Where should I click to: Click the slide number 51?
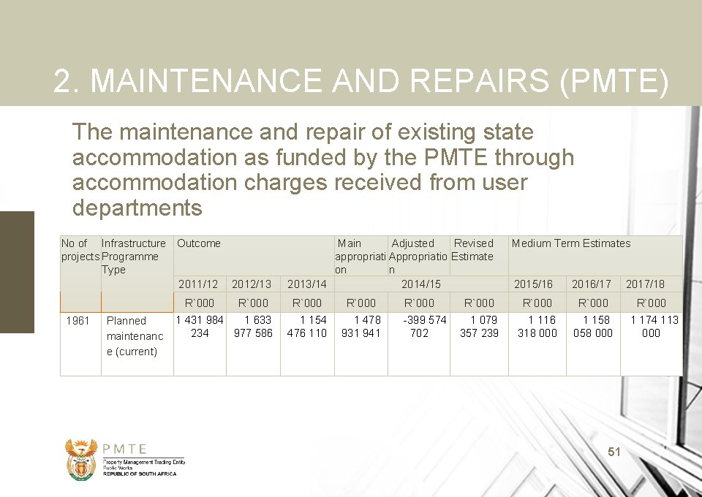point(614,452)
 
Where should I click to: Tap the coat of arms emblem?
point(81,459)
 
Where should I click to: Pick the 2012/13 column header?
point(252,284)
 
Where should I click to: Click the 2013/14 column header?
point(307,284)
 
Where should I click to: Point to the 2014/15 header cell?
point(421,284)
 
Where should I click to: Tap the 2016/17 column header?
point(592,284)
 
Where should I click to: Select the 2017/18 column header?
point(645,284)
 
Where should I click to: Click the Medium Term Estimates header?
point(570,243)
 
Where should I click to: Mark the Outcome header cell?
point(199,243)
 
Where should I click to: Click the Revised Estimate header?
point(473,250)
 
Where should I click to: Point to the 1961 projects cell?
point(78,321)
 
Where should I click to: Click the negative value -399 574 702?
point(420,327)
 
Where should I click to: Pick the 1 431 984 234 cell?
point(200,327)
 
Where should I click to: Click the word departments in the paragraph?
point(137,208)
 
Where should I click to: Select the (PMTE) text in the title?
point(613,82)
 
